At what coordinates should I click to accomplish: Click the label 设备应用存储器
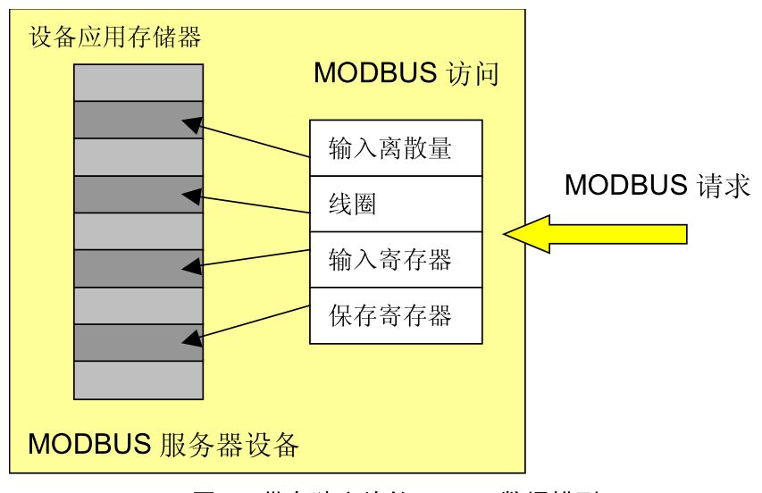115,38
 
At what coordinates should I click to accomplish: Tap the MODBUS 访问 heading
406,73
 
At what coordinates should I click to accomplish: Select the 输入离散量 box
396,148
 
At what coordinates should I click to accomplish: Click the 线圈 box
396,204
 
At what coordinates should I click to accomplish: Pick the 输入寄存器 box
396,260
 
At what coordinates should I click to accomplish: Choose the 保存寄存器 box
396,315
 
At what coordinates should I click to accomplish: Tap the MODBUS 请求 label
657,185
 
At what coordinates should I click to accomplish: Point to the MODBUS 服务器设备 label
163,444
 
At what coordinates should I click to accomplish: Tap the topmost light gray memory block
138,82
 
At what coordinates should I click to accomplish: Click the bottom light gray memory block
138,380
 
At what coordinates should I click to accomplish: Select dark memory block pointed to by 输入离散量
138,120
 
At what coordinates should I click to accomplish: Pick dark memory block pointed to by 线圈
138,194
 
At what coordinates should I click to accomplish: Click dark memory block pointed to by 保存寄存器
138,342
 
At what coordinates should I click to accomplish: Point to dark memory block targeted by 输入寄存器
138,268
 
